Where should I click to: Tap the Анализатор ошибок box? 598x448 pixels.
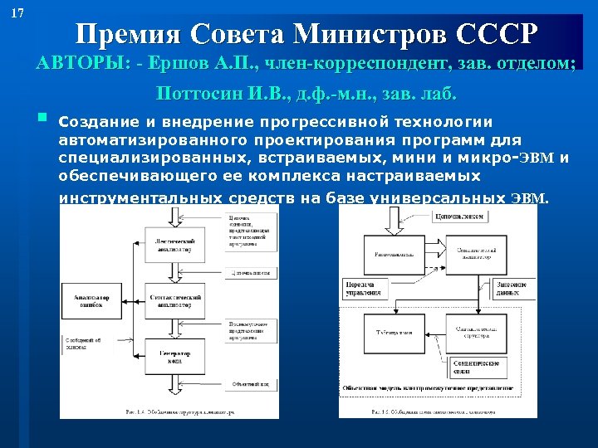pos(89,299)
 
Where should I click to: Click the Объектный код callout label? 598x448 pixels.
pos(249,383)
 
